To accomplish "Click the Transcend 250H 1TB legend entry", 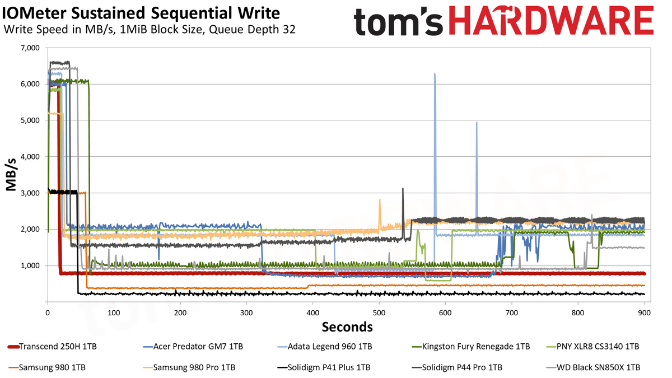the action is (52, 347).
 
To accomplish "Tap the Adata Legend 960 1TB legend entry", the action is (325, 347).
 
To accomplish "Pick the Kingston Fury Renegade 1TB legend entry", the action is (471, 347).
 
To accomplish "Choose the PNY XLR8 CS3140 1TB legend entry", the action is (593, 347).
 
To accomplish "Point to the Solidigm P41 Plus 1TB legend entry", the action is (324, 367).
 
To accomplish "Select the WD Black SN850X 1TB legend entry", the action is (593, 367).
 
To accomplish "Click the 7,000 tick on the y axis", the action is (30, 48).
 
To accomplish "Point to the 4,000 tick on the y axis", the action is (30, 157).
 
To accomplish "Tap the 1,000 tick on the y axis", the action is (30, 266).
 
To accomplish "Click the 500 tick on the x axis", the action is (379, 313).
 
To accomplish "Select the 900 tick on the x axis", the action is (644, 313).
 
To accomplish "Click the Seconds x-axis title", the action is (347, 327).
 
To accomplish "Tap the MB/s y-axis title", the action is (11, 175).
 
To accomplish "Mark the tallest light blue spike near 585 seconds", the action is (435, 73).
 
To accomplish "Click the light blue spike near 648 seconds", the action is (477, 122).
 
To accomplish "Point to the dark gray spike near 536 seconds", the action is (403, 188).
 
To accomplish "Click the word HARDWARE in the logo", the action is (552, 20).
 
